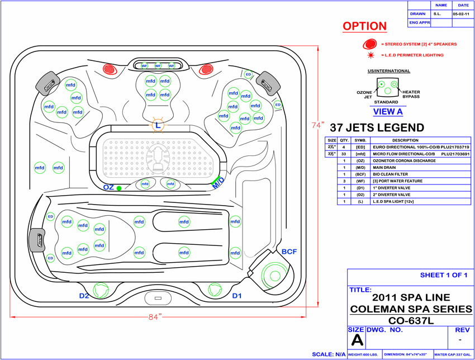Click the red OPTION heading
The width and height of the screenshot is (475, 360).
click(364, 26)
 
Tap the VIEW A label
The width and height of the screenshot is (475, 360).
click(388, 111)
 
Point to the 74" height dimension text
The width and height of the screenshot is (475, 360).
click(319, 126)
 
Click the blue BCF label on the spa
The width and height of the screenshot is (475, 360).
click(289, 252)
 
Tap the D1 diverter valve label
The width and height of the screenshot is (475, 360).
click(237, 295)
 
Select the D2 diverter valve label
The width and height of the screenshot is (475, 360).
click(84, 295)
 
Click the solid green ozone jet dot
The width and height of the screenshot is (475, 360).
click(119, 188)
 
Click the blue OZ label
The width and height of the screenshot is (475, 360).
click(108, 187)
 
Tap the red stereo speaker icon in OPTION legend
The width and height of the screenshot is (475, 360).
click(369, 44)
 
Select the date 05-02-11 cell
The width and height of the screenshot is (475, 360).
click(460, 13)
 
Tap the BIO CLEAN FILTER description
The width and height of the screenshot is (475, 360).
click(390, 174)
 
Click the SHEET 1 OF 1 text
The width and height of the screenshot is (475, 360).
click(447, 275)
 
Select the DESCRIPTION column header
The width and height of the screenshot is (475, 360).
click(405, 140)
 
